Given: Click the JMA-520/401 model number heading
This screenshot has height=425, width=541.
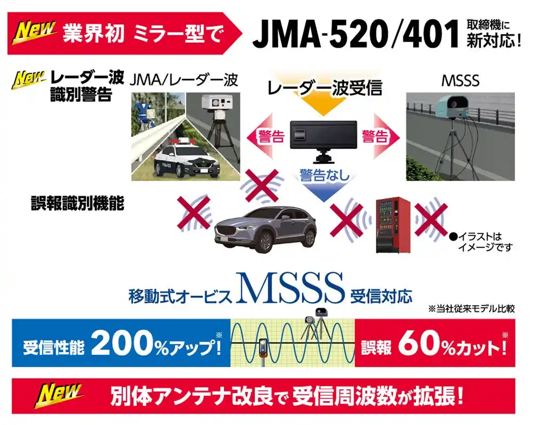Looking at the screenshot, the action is pyautogui.click(x=355, y=34).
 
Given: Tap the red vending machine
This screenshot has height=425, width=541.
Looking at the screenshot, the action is pyautogui.click(x=393, y=225).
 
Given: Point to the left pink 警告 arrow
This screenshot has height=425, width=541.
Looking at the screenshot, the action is pyautogui.click(x=265, y=137).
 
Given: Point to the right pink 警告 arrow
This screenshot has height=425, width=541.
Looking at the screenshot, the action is pyautogui.click(x=380, y=137).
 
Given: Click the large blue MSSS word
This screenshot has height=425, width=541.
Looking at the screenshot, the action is pyautogui.click(x=290, y=288).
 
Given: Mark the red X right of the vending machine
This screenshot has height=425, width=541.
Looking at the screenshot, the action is pyautogui.click(x=431, y=220).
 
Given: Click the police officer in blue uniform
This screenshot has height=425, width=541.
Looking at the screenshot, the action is pyautogui.click(x=141, y=110).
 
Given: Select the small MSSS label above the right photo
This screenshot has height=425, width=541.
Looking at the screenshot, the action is pyautogui.click(x=460, y=81).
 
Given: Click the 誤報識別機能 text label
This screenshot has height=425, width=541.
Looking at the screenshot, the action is pyautogui.click(x=77, y=203).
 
